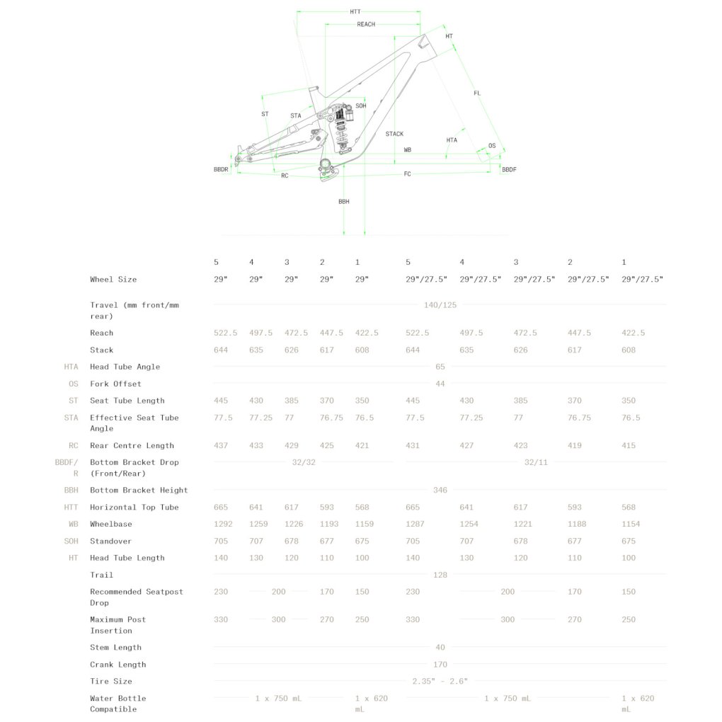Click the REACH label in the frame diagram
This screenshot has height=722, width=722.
click(366, 24)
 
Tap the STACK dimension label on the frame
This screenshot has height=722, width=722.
click(394, 134)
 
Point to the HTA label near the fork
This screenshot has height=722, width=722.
click(452, 140)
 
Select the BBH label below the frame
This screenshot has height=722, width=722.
click(344, 202)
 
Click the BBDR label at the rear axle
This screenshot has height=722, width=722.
click(221, 169)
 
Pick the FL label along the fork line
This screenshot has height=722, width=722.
click(477, 93)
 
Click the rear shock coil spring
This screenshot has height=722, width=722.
click(340, 134)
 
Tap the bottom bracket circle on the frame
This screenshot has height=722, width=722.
click(325, 164)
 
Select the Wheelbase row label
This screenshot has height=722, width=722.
click(111, 524)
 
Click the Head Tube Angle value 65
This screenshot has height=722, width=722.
click(440, 367)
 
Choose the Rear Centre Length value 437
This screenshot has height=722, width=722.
click(221, 446)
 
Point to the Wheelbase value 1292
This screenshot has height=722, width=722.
click(223, 524)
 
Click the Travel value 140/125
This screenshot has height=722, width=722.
click(440, 305)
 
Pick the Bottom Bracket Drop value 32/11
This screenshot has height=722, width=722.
click(536, 462)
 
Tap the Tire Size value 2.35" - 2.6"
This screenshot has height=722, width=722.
click(440, 682)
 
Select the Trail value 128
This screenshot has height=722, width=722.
click(440, 575)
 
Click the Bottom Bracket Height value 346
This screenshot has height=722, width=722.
click(440, 491)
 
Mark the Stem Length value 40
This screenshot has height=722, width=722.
click(440, 648)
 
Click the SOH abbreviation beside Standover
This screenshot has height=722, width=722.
click(71, 541)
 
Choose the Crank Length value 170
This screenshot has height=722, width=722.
click(440, 665)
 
